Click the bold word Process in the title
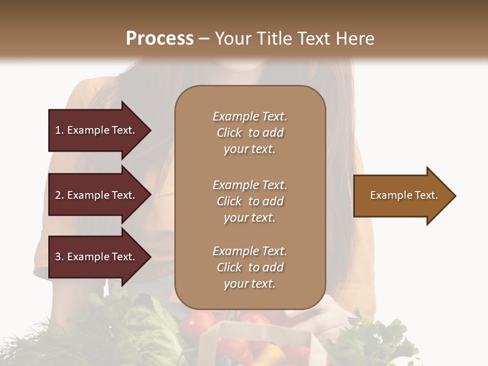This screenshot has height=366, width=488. click(x=160, y=39)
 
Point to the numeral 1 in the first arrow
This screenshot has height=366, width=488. click(x=58, y=130)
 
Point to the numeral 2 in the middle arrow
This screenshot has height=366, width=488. click(x=58, y=195)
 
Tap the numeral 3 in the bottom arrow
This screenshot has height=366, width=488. click(x=58, y=257)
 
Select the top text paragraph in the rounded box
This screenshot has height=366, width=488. click(x=250, y=133)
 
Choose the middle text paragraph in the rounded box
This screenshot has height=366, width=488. click(x=250, y=201)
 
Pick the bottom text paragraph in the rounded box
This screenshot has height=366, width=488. click(x=250, y=267)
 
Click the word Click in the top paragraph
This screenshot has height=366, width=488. click(x=229, y=133)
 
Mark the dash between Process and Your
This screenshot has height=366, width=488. click(x=204, y=39)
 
